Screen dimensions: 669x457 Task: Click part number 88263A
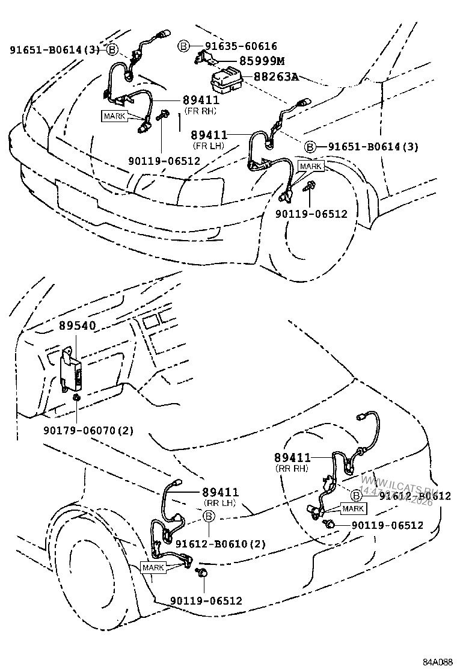click(x=277, y=78)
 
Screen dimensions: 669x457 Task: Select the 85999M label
click(x=262, y=61)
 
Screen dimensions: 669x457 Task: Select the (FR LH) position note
click(x=209, y=146)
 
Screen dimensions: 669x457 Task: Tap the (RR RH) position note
click(x=292, y=468)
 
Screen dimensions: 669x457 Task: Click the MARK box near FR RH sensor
click(x=114, y=116)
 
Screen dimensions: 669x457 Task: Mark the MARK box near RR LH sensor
click(x=153, y=567)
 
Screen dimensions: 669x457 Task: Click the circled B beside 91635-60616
click(x=184, y=46)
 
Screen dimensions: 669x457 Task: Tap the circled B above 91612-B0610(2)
click(x=209, y=516)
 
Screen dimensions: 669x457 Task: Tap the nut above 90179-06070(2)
click(x=77, y=398)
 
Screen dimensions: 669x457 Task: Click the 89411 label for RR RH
click(x=292, y=458)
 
